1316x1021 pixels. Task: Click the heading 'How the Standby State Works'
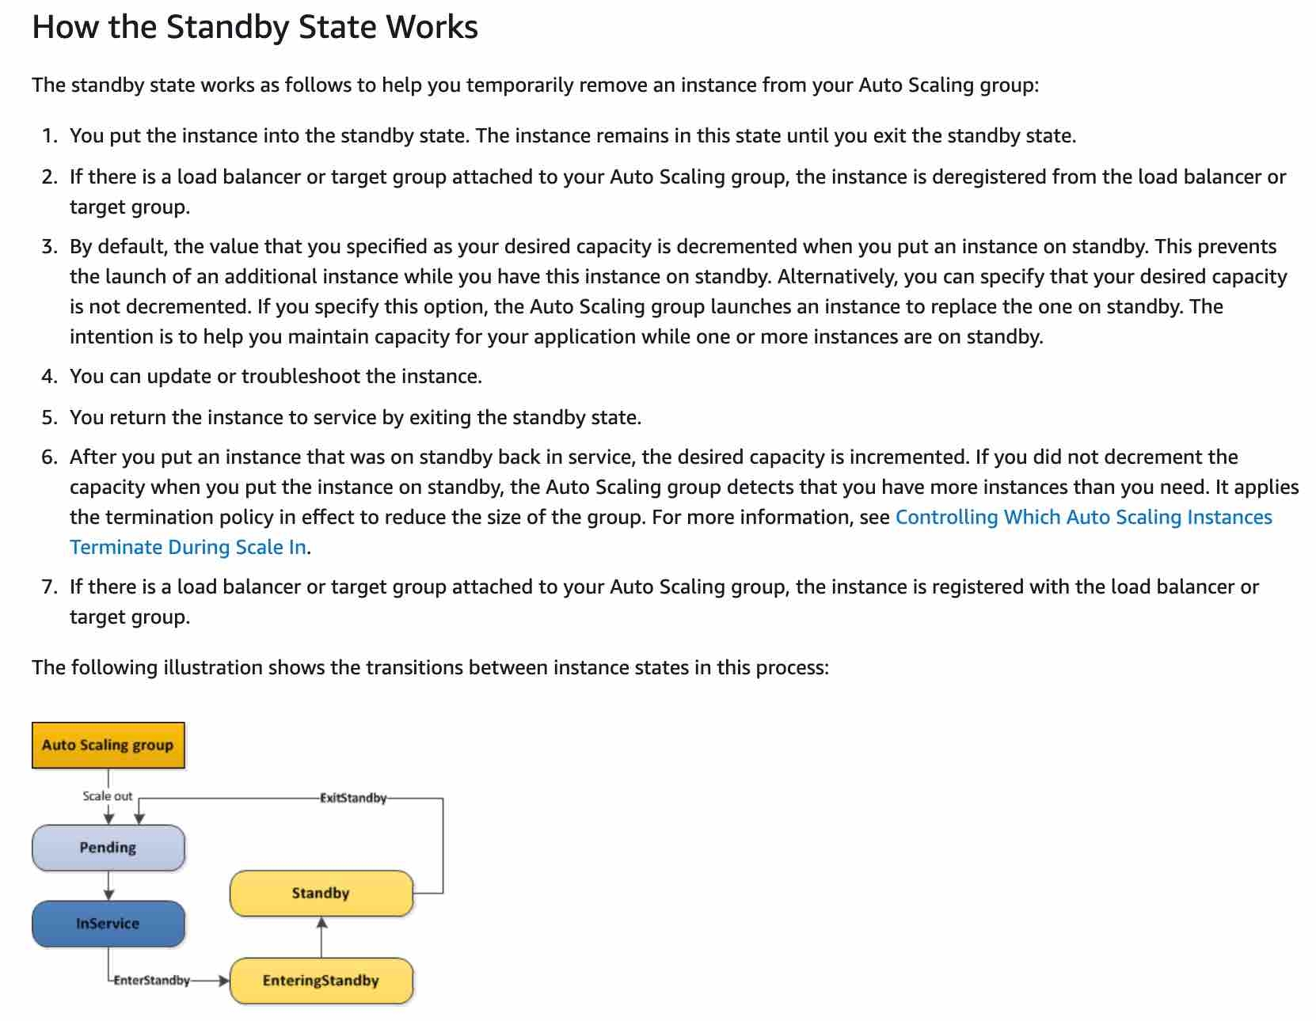click(254, 27)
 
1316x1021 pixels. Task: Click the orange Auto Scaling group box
click(108, 745)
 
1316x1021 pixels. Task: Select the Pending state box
click(108, 848)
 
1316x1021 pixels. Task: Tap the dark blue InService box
click(108, 924)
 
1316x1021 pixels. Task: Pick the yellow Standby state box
click(321, 894)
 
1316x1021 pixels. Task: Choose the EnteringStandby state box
click(321, 981)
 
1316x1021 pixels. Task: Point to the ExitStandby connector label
click(353, 798)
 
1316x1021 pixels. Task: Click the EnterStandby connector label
click(151, 981)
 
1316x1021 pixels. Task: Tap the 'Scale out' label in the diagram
click(108, 796)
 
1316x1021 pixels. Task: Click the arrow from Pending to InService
click(108, 886)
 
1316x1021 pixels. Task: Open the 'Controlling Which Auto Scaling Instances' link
click(1083, 517)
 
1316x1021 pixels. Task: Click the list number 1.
click(50, 136)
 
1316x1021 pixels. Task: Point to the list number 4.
click(50, 377)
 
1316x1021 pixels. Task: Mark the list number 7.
click(50, 587)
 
